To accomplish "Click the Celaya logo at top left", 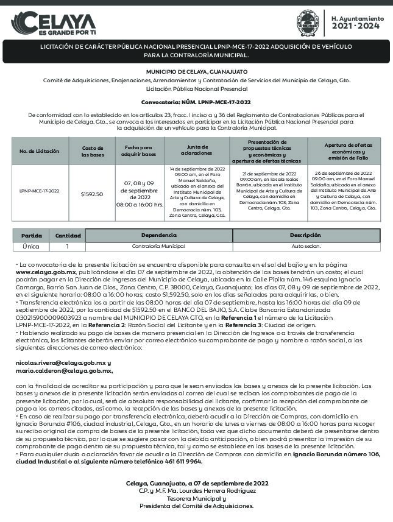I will (54, 24).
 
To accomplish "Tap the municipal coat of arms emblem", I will (307, 23).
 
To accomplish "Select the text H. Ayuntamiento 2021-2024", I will (357, 23).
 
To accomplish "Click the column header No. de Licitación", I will (39, 151).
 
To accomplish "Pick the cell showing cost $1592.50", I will (92, 194).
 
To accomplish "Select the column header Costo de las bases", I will (93, 151).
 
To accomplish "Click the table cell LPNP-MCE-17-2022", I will (39, 191).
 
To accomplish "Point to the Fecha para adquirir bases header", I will (140, 151).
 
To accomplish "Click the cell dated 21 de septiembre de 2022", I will (267, 191).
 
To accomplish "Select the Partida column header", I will (31, 235).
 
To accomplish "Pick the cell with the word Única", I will (31, 247).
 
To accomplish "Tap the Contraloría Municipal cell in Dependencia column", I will (158, 247).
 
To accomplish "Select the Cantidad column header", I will (68, 235).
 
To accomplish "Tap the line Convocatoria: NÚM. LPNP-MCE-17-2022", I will (196, 102).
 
